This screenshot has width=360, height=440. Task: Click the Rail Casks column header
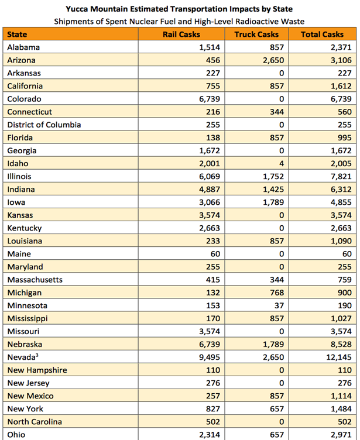(x=181, y=35)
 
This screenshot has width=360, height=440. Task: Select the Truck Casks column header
(x=256, y=35)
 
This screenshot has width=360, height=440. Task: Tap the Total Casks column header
(x=322, y=35)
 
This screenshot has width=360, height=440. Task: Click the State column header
(x=17, y=35)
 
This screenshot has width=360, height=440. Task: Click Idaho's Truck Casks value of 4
(x=282, y=163)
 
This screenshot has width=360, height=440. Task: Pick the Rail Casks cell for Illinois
(x=210, y=177)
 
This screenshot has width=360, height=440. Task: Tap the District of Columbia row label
(x=44, y=125)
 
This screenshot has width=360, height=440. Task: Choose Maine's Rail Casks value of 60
(x=215, y=254)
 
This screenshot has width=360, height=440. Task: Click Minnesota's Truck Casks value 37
(x=279, y=305)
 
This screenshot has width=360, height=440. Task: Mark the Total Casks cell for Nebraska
(x=341, y=344)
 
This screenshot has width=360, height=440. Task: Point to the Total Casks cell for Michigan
(x=345, y=293)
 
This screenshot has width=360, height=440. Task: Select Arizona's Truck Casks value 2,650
(x=273, y=60)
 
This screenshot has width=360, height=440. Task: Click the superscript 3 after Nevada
(x=37, y=355)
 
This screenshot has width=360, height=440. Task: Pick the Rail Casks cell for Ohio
(x=210, y=435)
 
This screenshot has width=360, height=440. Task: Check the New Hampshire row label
(x=37, y=370)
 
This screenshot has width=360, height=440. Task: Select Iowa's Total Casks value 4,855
(x=341, y=202)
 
